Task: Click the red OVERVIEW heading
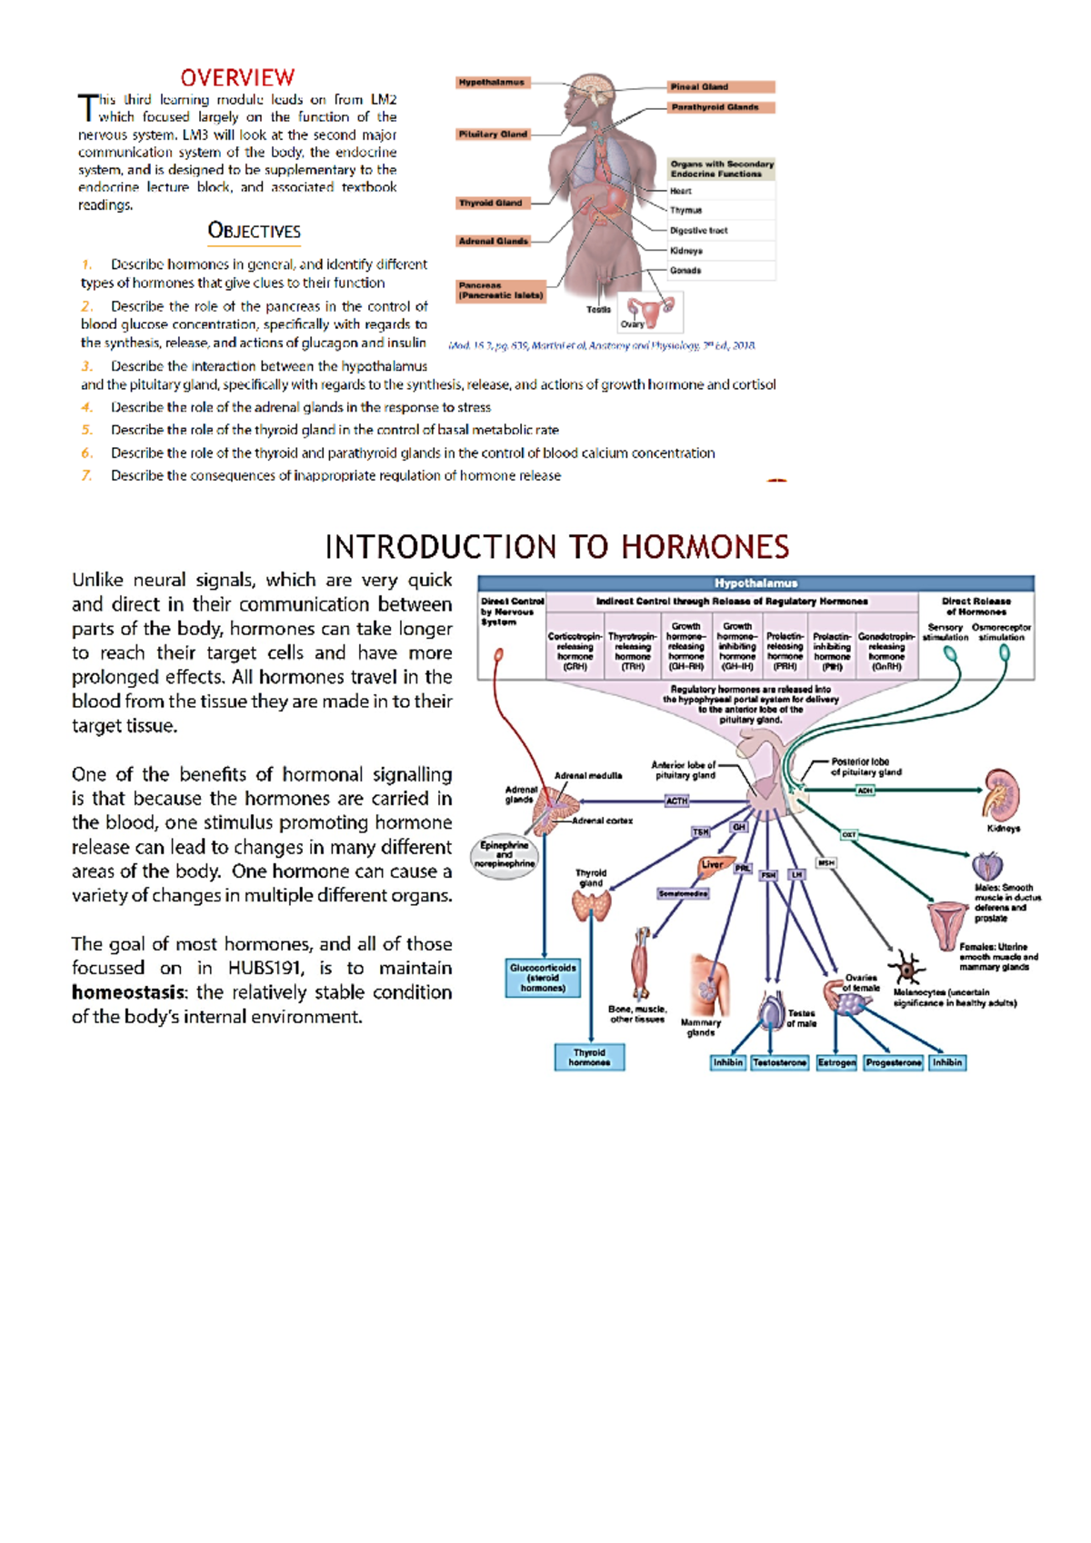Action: click(x=237, y=77)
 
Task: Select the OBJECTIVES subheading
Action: click(x=254, y=231)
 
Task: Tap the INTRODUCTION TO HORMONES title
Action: click(x=556, y=547)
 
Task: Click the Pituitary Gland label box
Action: click(x=493, y=134)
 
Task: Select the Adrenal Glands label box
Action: click(x=493, y=241)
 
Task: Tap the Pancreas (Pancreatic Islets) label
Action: click(x=501, y=290)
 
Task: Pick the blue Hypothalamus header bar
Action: click(x=756, y=583)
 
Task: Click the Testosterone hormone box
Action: click(x=779, y=1062)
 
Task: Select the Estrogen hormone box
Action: click(x=836, y=1062)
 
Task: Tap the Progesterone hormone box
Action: click(x=893, y=1062)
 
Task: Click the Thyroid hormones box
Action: click(x=589, y=1057)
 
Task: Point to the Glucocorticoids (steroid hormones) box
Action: click(x=543, y=978)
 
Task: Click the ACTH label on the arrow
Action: click(x=677, y=801)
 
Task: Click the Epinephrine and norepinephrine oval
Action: click(x=505, y=854)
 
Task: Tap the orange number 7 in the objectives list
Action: click(x=86, y=475)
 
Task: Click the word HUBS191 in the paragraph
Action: click(x=265, y=968)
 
